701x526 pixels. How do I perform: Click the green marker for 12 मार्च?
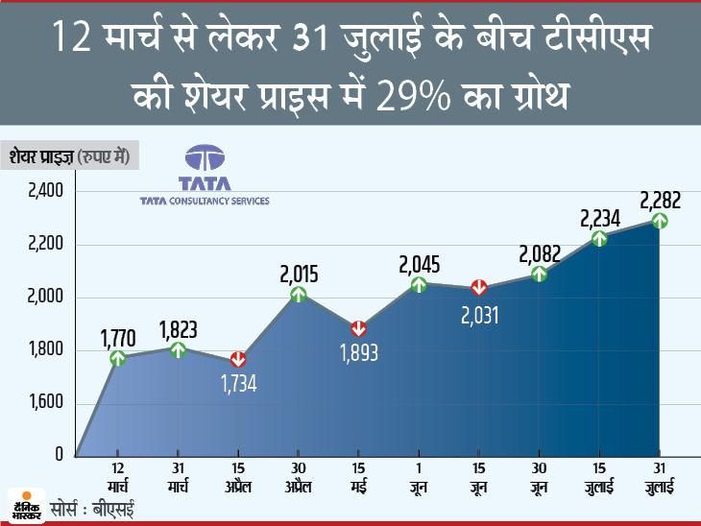point(118,358)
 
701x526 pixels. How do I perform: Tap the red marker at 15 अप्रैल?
point(238,359)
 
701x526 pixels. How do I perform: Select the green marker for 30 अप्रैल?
point(299,295)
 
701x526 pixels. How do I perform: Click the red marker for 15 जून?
point(479,287)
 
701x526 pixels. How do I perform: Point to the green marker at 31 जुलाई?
point(660,221)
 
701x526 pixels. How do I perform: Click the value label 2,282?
point(660,199)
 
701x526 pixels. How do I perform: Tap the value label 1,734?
point(238,385)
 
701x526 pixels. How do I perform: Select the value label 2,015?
point(299,273)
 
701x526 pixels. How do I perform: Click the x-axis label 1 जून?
point(419,473)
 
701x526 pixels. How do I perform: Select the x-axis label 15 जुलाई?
point(599,473)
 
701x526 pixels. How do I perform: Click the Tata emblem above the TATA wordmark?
point(204,160)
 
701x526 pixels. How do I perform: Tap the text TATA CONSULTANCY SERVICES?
point(204,202)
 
